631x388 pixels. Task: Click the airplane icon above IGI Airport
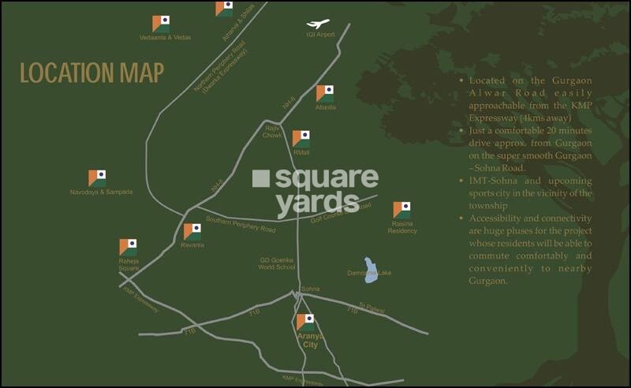tap(319, 24)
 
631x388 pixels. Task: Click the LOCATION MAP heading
tap(91, 73)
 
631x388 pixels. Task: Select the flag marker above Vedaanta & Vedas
tap(161, 23)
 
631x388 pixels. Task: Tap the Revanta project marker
tap(192, 232)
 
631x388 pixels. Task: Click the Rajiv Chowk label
tap(273, 131)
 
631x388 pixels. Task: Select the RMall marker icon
tap(301, 139)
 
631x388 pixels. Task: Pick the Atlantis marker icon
tap(325, 93)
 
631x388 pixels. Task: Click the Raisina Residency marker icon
tap(402, 210)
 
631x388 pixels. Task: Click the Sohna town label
tap(310, 289)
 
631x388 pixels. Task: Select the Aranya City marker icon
tap(305, 322)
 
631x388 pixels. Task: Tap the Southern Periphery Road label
tap(241, 225)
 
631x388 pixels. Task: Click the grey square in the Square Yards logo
tap(261, 178)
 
